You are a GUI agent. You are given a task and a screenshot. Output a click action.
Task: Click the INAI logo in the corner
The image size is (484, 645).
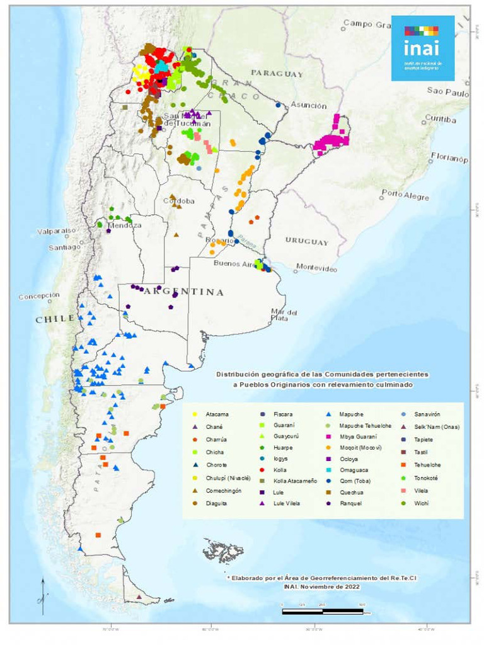[423, 49]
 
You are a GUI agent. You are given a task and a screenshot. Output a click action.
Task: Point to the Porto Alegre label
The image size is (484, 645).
[405, 195]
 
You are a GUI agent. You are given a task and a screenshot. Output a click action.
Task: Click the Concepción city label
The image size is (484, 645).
[39, 296]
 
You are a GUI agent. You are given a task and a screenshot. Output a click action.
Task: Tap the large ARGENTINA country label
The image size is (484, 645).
[183, 292]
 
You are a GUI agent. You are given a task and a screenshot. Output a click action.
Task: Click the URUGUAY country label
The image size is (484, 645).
[307, 241]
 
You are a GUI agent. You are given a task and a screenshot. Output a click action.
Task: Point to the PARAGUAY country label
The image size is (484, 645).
[277, 74]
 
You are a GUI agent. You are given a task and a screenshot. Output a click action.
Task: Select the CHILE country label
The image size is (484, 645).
[55, 319]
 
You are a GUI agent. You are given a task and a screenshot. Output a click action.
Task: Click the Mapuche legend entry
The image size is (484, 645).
[345, 414]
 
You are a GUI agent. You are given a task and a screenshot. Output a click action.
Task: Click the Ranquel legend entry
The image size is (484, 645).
[347, 503]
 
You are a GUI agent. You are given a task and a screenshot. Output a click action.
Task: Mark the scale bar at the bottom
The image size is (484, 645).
[326, 611]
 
